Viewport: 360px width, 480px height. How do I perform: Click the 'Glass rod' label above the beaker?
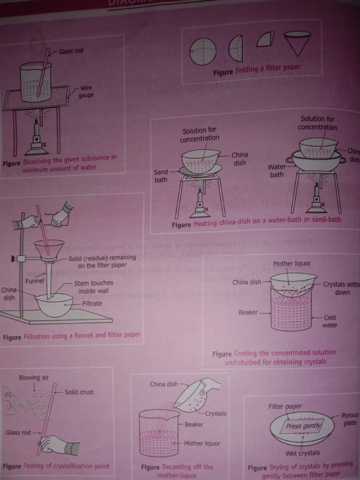click(x=71, y=51)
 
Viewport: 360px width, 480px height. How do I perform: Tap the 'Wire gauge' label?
click(x=86, y=91)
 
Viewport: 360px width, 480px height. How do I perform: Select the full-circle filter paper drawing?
click(x=203, y=52)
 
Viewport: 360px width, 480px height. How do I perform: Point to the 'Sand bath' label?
click(x=161, y=176)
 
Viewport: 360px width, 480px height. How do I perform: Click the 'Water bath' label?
click(x=277, y=171)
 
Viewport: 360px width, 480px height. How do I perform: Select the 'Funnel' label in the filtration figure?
click(x=35, y=281)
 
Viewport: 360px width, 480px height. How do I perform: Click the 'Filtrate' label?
click(x=92, y=303)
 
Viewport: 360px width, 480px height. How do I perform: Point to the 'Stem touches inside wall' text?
click(x=93, y=287)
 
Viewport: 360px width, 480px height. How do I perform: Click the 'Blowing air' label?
click(x=34, y=378)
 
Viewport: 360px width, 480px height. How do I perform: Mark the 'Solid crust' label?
click(x=79, y=392)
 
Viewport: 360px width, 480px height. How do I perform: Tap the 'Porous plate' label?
click(x=349, y=419)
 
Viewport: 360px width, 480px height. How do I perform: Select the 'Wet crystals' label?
click(x=302, y=453)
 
